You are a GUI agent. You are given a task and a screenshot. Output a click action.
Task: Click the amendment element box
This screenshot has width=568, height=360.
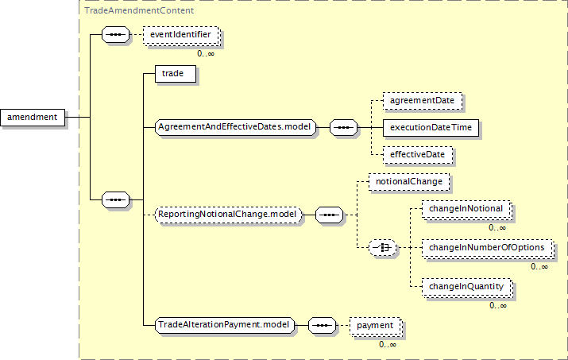click(x=33, y=118)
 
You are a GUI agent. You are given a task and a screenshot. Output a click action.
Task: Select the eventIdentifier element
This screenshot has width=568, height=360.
click(x=180, y=36)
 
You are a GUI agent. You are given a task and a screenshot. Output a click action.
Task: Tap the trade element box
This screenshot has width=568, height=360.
click(x=172, y=74)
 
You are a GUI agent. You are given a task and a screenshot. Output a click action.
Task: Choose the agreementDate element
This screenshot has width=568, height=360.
click(x=421, y=101)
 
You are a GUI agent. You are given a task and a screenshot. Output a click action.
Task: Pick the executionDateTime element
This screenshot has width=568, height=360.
click(x=431, y=127)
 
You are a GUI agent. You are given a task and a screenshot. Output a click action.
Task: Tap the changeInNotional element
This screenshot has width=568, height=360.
click(x=465, y=209)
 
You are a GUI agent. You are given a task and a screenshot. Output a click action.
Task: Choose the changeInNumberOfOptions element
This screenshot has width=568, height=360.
click(x=486, y=248)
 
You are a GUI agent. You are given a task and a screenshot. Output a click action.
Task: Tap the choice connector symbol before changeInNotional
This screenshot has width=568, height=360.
click(x=385, y=248)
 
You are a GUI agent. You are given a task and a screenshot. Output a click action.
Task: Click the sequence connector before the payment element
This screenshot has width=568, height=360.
click(x=322, y=325)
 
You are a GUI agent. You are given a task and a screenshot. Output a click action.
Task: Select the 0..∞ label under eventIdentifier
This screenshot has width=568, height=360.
click(x=205, y=53)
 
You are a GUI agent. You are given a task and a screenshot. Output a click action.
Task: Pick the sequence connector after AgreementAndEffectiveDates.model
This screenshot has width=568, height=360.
click(x=343, y=126)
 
